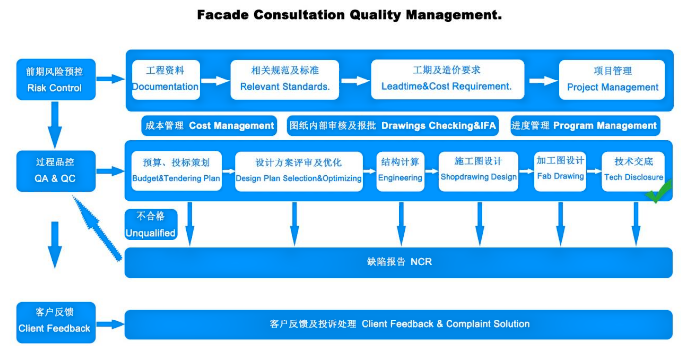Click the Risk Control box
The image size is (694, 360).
(56, 80)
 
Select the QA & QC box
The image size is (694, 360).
(56, 171)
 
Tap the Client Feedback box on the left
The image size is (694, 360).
(56, 322)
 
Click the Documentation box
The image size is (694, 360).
(166, 80)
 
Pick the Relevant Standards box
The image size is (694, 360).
(285, 80)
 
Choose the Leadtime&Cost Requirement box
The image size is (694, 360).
(448, 80)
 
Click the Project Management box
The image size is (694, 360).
(612, 80)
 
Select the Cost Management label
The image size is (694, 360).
(209, 125)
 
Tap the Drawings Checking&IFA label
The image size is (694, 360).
(393, 125)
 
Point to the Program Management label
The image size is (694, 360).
(585, 125)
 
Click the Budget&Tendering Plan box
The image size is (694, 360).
(177, 171)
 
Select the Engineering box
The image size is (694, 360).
(400, 171)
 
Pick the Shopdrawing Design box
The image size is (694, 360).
(478, 171)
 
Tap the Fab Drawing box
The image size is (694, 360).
(560, 171)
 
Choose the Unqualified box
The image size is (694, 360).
(151, 224)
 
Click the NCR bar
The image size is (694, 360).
(399, 262)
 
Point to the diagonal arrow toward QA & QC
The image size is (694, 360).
(97, 228)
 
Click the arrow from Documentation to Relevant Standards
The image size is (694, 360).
(215, 80)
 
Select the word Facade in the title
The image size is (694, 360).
(223, 15)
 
